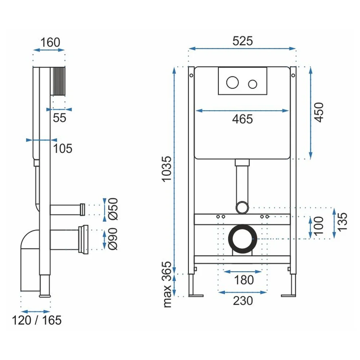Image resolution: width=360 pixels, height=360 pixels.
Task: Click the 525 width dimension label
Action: click(242, 41)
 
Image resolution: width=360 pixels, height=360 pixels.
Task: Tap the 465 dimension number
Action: click(242, 119)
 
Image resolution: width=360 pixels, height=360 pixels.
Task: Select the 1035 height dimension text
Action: click(167, 169)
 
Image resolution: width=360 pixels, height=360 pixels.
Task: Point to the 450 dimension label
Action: click(319, 112)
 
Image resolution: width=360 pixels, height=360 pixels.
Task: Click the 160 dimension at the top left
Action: click(50, 42)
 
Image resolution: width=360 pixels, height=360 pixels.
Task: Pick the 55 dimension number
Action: click(59, 118)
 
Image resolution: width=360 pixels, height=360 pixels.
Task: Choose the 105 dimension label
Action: click(63, 148)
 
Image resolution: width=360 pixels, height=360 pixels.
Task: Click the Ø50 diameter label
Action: click(113, 209)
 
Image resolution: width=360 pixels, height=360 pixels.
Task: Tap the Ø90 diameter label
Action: click(113, 239)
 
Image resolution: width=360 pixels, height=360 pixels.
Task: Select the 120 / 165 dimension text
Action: click(37, 320)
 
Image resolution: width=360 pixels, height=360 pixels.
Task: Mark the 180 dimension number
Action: click(244, 280)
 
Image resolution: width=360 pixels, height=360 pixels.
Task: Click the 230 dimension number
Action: click(243, 301)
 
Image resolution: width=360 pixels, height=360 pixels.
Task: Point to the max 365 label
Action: click(167, 284)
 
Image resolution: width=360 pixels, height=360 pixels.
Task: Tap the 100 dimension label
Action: click(319, 226)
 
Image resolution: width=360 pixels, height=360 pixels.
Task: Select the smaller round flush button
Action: click(253, 84)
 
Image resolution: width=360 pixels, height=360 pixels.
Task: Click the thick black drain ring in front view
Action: click(230, 239)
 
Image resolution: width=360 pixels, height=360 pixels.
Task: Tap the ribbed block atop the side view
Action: click(59, 81)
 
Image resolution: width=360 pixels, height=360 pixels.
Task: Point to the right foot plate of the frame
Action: click(288, 296)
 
